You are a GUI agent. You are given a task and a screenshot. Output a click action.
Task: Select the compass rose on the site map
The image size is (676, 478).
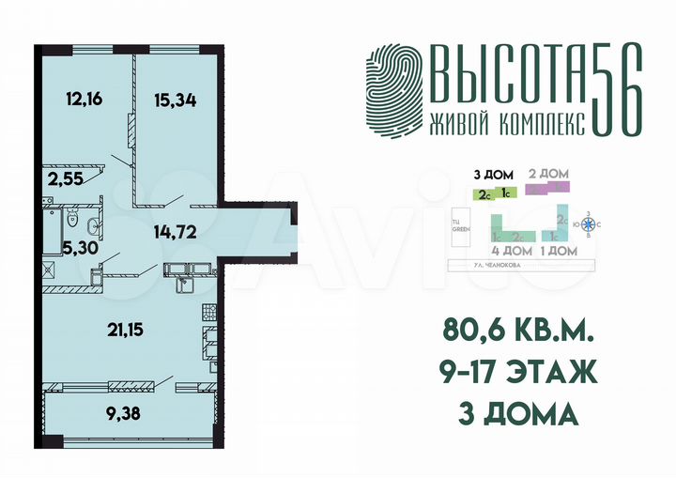point(589,224)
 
